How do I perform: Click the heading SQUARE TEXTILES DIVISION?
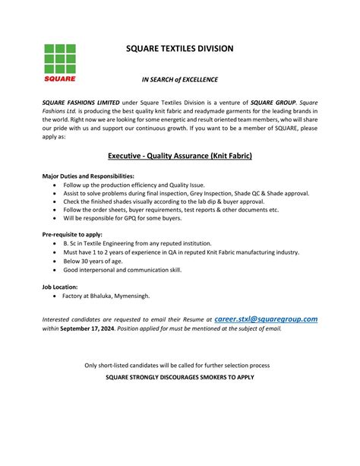pyautogui.click(x=179, y=49)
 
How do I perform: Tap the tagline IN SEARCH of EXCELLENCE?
pyautogui.click(x=180, y=79)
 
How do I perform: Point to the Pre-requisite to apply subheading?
pyautogui.click(x=73, y=235)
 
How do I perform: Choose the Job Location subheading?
pyautogui.click(x=60, y=287)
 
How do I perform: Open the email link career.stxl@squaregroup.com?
pyautogui.click(x=266, y=320)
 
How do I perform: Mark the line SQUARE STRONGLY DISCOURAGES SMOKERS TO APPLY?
pyautogui.click(x=179, y=377)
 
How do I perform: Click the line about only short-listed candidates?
pyautogui.click(x=179, y=366)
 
